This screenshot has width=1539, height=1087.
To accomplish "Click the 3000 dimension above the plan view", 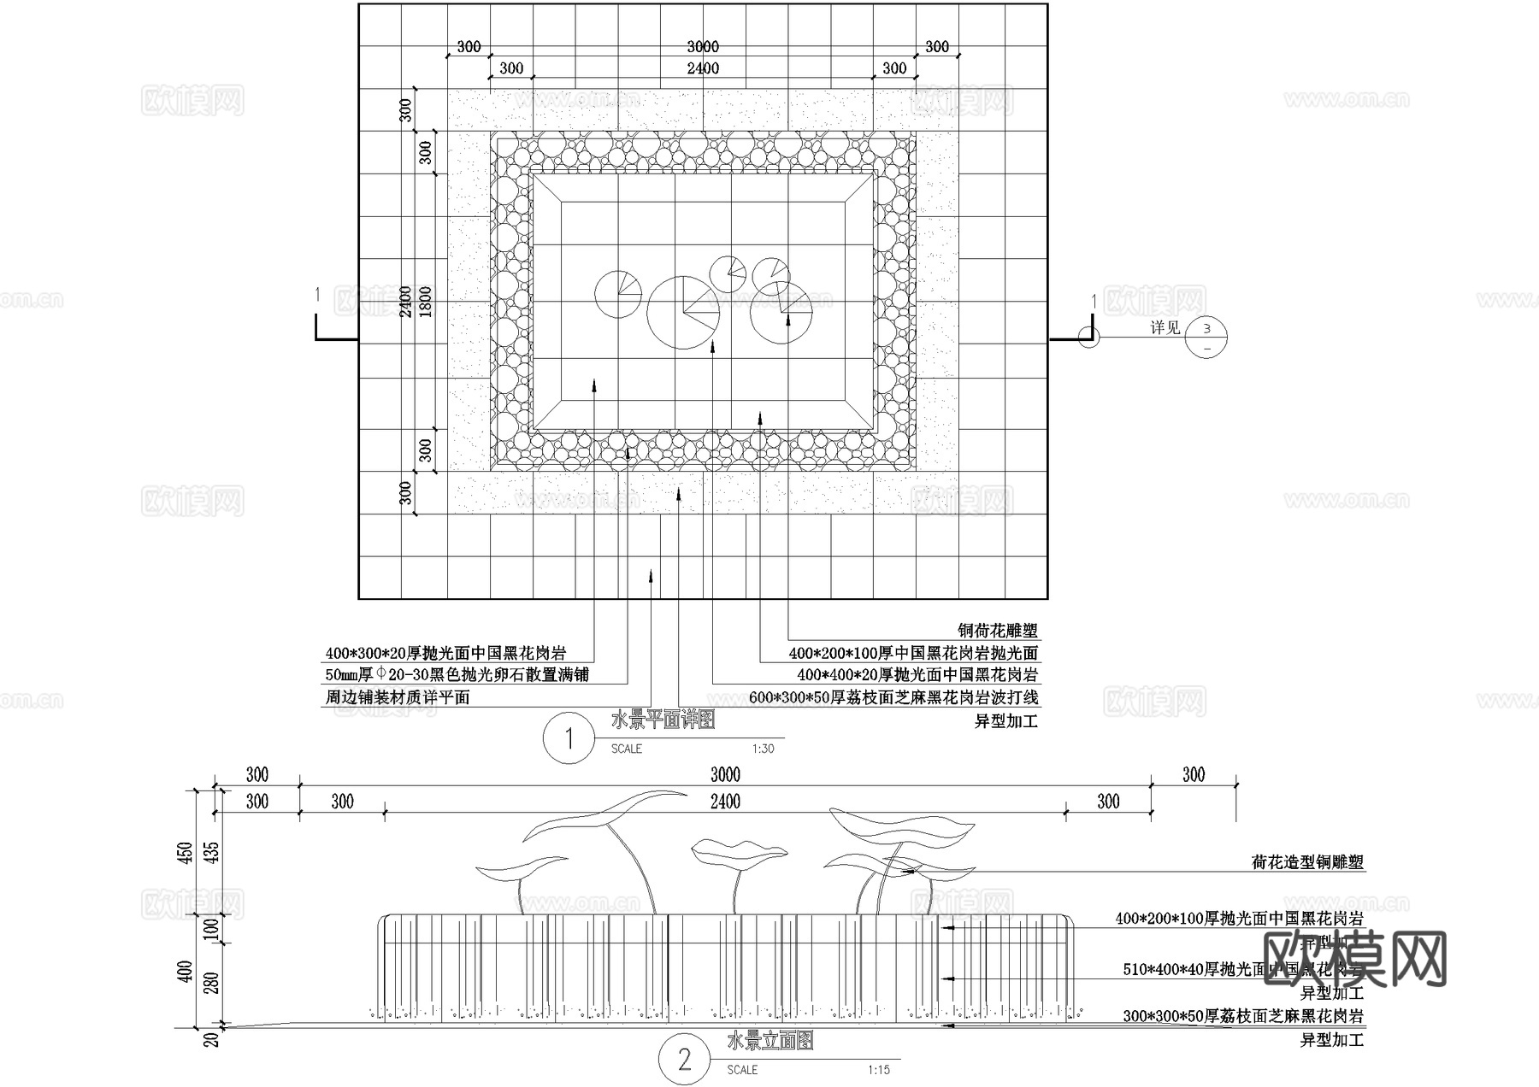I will (703, 46).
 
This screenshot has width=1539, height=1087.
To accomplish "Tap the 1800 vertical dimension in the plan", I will (425, 301).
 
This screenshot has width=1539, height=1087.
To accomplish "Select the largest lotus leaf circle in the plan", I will (683, 312).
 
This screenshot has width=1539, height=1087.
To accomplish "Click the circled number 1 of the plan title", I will (569, 738).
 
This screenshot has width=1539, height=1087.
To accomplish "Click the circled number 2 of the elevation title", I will (684, 1061).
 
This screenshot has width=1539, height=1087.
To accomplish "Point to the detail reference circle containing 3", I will (1206, 338).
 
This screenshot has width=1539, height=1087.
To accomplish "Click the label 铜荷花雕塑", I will (997, 632).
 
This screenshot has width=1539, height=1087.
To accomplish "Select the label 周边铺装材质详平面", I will (398, 697).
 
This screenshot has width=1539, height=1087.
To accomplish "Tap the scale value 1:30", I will (763, 749).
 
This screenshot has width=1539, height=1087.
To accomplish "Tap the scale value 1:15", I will (878, 1070).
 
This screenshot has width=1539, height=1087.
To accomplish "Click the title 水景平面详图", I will (663, 720).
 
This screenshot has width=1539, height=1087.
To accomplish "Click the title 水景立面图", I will (769, 1041).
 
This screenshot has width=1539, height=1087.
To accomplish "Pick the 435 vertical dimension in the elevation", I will (213, 853).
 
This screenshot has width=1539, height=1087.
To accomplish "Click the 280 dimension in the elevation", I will (213, 984).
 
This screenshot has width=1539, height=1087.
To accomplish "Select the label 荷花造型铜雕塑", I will (1307, 862).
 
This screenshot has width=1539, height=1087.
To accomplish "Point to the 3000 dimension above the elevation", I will (725, 775).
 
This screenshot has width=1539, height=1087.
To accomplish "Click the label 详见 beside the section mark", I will (1165, 328).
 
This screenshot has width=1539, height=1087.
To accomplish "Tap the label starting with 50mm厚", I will (457, 675).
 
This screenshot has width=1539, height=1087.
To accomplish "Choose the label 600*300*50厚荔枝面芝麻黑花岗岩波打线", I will (893, 697).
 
